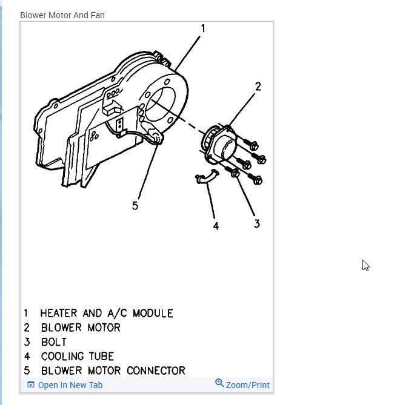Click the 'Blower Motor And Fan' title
[x=62, y=15]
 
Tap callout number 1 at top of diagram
[x=203, y=29]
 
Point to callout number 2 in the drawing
[x=258, y=87]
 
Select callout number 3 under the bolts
[x=257, y=223]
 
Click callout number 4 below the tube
[x=216, y=226]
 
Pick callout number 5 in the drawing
[x=135, y=205]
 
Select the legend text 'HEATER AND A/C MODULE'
[x=107, y=314]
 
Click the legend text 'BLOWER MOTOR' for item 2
[x=81, y=328]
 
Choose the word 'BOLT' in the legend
[x=54, y=342]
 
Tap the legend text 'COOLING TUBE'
[x=77, y=357]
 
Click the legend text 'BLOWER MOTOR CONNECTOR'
[x=113, y=370]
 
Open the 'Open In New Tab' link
[x=70, y=385]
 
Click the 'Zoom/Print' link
[x=248, y=385]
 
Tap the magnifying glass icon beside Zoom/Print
[x=219, y=384]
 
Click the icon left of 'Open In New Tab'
[x=30, y=385]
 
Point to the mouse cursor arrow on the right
[x=365, y=265]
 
